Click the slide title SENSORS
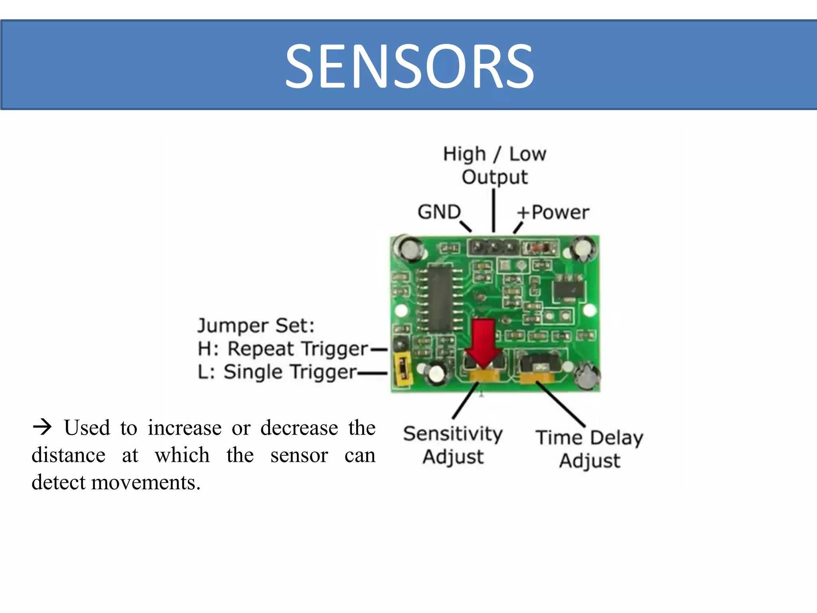tap(409, 66)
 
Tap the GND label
tap(439, 212)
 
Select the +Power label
tap(553, 212)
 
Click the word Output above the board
tap(495, 177)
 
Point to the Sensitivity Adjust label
tap(453, 445)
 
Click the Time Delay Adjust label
tap(590, 449)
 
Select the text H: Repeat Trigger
tap(282, 349)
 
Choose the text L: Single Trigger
tap(277, 372)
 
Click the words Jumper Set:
tap(256, 326)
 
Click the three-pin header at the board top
tap(494, 247)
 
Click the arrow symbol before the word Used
tap(42, 427)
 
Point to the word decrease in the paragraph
tap(299, 428)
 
